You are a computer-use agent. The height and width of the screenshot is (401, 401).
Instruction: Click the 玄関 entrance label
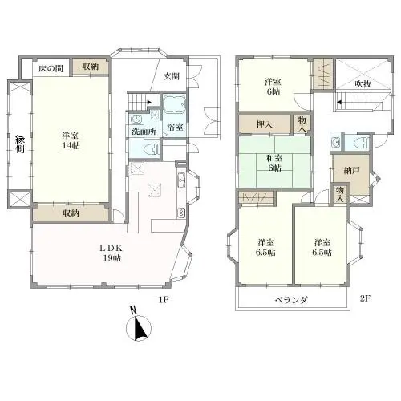point(171,77)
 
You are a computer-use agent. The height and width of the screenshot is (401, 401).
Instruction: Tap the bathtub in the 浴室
point(174,104)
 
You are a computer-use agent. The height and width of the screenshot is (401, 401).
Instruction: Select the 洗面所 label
point(144,132)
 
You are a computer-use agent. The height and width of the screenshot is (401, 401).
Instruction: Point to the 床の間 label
point(51,69)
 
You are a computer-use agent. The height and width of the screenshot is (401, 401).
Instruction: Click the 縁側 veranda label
point(20,144)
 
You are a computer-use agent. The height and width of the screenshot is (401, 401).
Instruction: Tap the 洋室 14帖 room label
point(71,140)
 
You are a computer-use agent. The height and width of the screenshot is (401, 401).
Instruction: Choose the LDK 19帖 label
point(111,253)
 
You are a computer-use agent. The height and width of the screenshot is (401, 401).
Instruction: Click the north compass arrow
point(139,328)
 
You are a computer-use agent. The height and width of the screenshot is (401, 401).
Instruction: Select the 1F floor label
point(164,300)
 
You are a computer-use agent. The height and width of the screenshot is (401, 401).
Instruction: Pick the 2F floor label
point(365,298)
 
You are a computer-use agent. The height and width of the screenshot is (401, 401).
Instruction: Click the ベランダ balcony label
point(292,300)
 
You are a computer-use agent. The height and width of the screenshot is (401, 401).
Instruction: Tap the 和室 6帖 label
point(274,163)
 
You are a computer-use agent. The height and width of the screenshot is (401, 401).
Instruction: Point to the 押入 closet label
point(265,124)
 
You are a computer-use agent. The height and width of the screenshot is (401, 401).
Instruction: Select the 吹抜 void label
point(363,84)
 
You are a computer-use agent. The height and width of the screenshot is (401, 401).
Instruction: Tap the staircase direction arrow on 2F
point(339,102)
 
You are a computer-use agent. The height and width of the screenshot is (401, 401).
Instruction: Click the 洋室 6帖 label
point(273,87)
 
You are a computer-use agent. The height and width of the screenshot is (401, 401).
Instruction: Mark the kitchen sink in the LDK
point(182,180)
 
